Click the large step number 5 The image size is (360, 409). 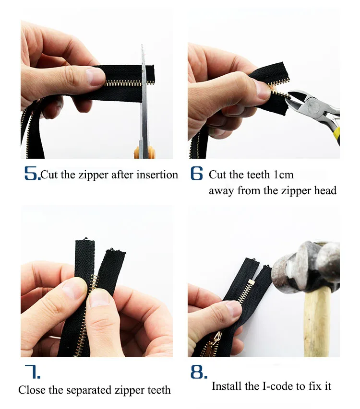point(32,174)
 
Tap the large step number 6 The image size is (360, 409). point(196,173)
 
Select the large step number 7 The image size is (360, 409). point(32,372)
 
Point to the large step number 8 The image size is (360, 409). point(199,372)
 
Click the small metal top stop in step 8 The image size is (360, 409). point(252,281)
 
